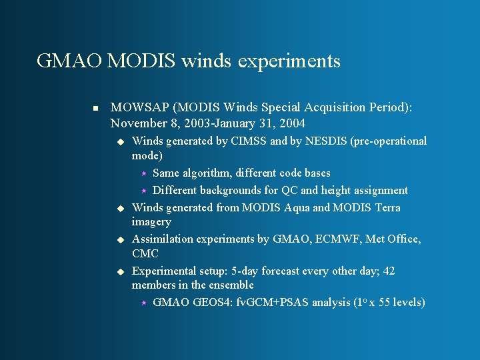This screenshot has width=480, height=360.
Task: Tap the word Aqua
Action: tap(297, 207)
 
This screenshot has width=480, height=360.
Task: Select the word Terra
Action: tap(387, 207)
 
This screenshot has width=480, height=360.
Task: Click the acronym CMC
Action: tap(145, 254)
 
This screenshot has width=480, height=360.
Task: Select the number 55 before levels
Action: tap(385, 303)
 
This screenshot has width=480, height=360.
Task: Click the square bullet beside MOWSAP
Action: tap(95, 108)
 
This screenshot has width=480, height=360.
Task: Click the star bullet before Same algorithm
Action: tap(142, 173)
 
